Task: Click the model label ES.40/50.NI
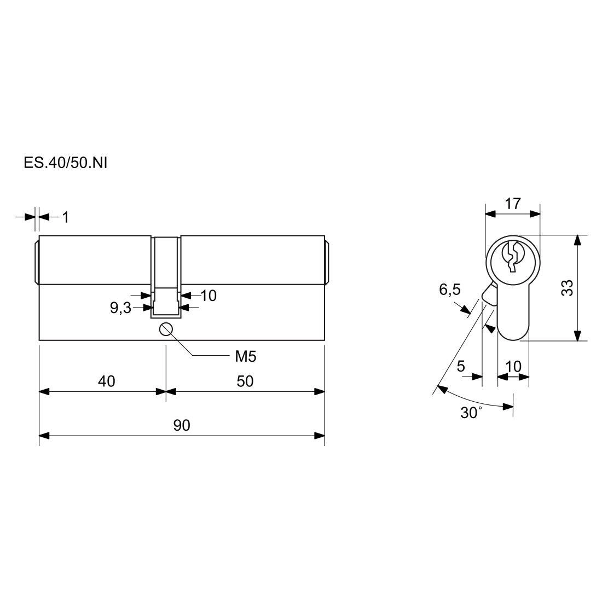click(x=65, y=163)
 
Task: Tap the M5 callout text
click(x=245, y=357)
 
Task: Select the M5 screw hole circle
click(x=165, y=329)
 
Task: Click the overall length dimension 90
click(x=182, y=425)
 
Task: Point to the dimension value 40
click(x=106, y=381)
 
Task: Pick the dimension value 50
click(x=245, y=381)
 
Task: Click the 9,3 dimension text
click(x=120, y=308)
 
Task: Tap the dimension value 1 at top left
click(x=66, y=217)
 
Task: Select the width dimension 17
click(x=513, y=204)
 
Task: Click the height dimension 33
click(x=568, y=288)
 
